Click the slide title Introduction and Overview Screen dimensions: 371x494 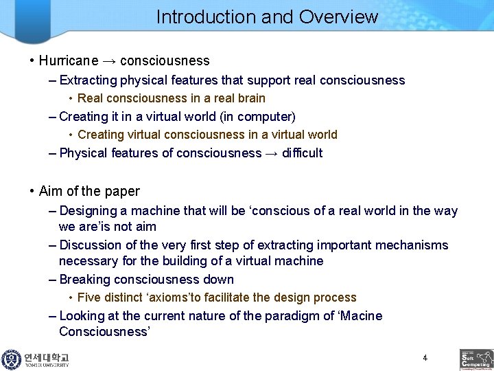coord(267,16)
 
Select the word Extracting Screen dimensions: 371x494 coord(89,80)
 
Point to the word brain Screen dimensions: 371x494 coord(249,98)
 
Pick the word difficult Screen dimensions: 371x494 coord(302,153)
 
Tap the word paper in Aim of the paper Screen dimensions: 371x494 coord(123,191)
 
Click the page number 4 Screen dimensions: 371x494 coord(425,358)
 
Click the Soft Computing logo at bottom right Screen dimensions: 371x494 coord(476,359)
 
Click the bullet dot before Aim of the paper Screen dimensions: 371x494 coord(32,191)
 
